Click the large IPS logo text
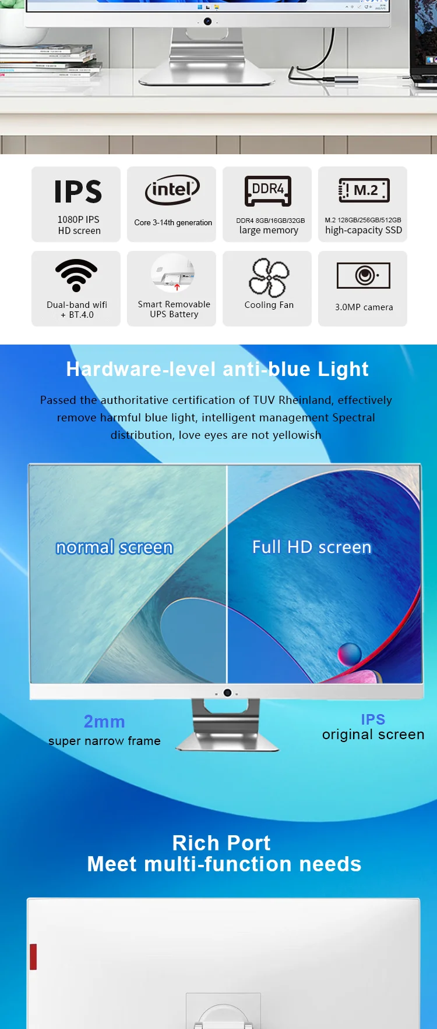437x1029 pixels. tap(78, 191)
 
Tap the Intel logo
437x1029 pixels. tap(172, 190)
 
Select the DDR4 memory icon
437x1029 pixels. tap(268, 190)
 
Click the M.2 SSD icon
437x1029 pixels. tap(364, 190)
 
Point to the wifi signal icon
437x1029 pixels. tap(76, 275)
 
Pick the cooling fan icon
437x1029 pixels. tap(269, 278)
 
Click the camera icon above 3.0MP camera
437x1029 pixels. tap(364, 275)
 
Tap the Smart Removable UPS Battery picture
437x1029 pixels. tap(172, 272)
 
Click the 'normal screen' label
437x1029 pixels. tap(114, 548)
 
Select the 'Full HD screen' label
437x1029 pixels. tap(312, 547)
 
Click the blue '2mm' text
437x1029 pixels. tap(104, 722)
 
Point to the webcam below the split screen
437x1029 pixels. tap(227, 693)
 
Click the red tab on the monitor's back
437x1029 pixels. tap(33, 957)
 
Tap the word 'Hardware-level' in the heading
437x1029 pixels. tap(142, 369)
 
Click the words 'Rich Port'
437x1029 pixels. tap(221, 843)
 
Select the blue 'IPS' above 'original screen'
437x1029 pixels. tap(373, 719)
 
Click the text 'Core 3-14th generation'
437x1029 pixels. tap(173, 222)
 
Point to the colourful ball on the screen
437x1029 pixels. tap(350, 654)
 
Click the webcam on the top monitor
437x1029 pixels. tap(207, 22)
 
